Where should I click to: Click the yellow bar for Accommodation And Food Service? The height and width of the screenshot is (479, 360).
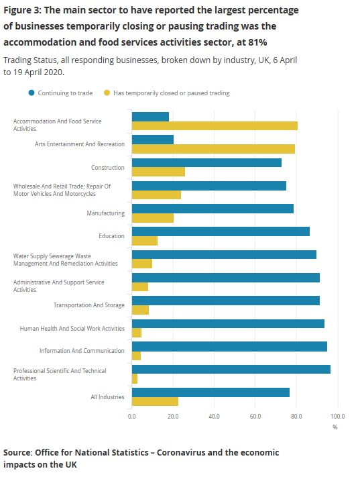click(215, 125)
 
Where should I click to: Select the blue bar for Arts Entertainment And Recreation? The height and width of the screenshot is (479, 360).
click(153, 140)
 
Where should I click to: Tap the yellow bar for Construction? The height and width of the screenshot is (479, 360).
click(158, 172)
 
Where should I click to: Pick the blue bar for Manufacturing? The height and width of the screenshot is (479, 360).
click(213, 209)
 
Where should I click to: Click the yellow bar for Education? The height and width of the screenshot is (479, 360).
click(145, 241)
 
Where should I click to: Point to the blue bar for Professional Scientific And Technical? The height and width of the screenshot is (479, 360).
click(231, 369)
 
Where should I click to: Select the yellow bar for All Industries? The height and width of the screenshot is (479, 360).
click(155, 401)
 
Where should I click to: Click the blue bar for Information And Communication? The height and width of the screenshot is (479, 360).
click(229, 346)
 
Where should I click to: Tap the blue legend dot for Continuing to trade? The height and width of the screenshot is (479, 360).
click(32, 93)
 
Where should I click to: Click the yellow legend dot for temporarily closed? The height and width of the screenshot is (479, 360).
click(107, 93)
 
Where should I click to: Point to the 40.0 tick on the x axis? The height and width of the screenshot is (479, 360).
click(215, 417)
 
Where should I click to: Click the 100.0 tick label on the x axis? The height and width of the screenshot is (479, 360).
click(338, 417)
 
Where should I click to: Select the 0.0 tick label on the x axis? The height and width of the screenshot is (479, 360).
click(132, 417)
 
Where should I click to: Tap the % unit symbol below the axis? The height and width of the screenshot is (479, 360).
click(335, 427)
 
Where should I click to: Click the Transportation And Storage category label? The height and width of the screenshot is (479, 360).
click(88, 305)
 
